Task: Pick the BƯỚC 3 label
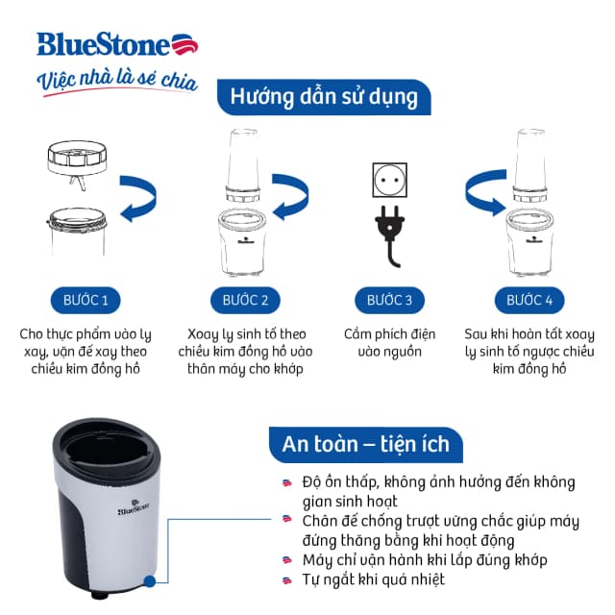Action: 389,301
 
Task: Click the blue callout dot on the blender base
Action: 150,580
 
